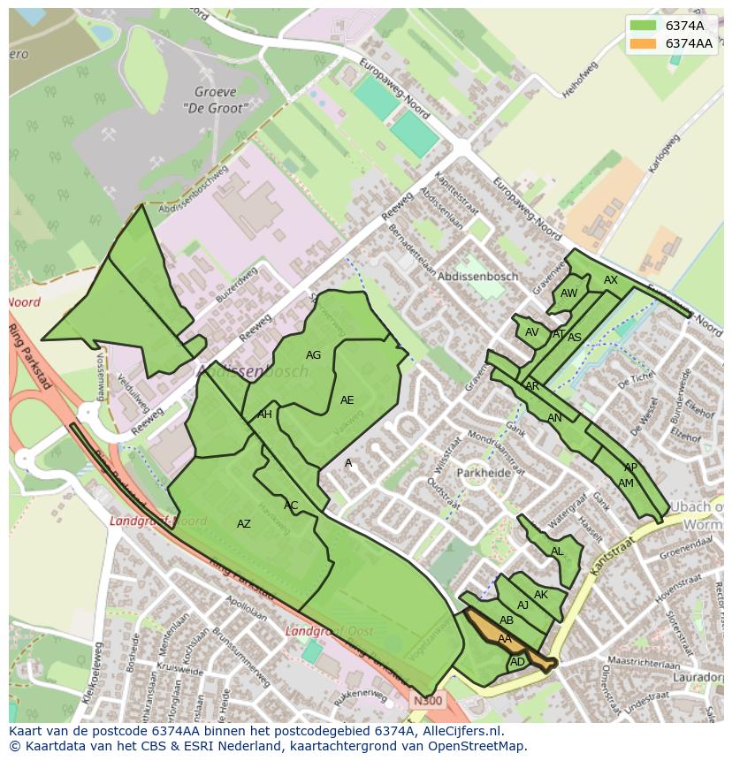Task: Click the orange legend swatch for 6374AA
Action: [x=644, y=43]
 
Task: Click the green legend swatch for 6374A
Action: [x=644, y=26]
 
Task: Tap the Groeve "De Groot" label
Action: [x=215, y=99]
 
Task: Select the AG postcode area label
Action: [x=313, y=355]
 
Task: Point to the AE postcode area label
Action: [x=347, y=400]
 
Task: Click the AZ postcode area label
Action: [x=244, y=524]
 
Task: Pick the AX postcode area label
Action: [x=611, y=280]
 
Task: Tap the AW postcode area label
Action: [x=568, y=293]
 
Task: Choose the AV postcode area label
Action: [x=531, y=332]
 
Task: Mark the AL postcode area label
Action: [x=557, y=552]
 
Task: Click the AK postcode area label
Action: [x=541, y=595]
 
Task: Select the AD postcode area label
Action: [x=518, y=661]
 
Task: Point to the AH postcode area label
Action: [x=264, y=415]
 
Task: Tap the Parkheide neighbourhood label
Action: [x=484, y=473]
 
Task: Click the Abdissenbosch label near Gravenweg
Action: [x=478, y=277]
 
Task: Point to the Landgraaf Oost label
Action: [x=328, y=631]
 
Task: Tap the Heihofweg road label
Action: [x=579, y=80]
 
